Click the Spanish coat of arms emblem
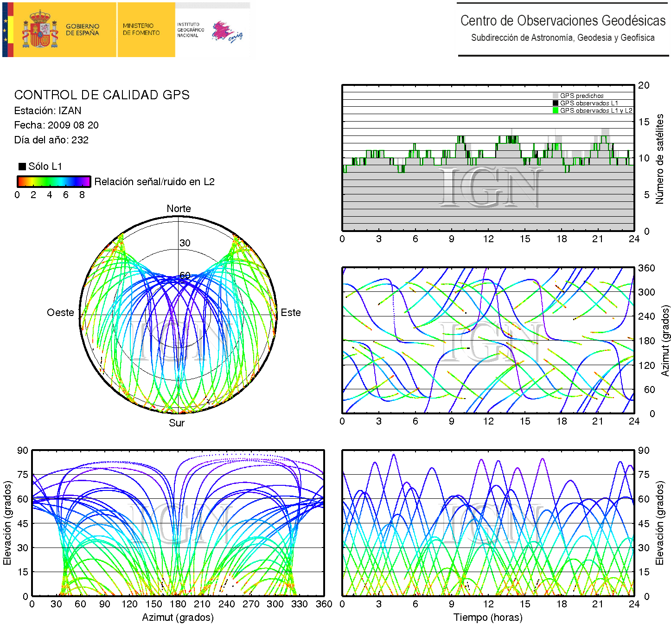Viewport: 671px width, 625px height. click(x=40, y=30)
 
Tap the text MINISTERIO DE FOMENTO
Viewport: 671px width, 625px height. click(x=141, y=30)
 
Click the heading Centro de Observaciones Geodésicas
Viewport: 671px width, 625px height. click(x=562, y=21)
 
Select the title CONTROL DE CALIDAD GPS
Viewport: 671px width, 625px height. click(x=102, y=95)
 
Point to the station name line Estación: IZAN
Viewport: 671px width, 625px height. click(x=48, y=111)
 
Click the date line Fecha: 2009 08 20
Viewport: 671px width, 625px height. click(x=56, y=125)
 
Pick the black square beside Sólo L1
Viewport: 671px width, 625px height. click(x=22, y=167)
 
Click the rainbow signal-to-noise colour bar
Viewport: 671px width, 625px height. click(x=53, y=181)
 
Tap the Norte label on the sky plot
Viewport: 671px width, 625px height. click(x=179, y=209)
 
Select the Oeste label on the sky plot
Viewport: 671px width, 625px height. click(x=60, y=313)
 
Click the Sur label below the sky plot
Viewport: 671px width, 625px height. click(x=177, y=423)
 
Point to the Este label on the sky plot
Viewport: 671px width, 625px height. click(x=291, y=313)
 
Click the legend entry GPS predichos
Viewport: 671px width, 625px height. click(x=582, y=96)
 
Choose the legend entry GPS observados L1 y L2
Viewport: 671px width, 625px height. click(x=595, y=111)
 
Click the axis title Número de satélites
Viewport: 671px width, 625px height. click(x=660, y=159)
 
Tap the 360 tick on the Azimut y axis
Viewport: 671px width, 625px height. click(x=646, y=268)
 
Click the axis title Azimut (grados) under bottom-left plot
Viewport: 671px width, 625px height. click(x=178, y=618)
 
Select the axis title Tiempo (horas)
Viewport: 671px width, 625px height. click(x=488, y=618)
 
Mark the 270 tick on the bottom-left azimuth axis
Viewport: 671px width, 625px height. click(x=251, y=604)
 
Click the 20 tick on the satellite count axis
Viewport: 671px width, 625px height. click(x=644, y=85)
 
